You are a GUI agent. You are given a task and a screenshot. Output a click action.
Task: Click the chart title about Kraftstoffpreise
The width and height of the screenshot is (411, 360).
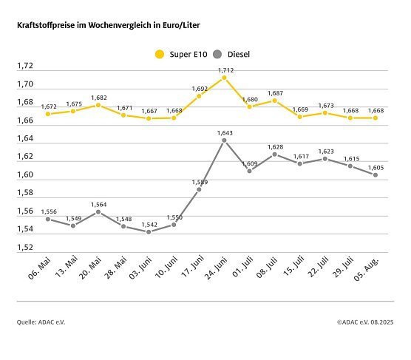pyautogui.click(x=108, y=25)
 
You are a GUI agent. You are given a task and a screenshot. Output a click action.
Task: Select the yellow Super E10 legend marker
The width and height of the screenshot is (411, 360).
pyautogui.click(x=159, y=54)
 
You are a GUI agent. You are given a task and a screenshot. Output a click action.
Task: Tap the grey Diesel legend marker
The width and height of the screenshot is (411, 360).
pyautogui.click(x=217, y=54)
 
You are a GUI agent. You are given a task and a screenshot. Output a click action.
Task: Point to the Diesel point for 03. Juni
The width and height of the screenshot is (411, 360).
pyautogui.click(x=149, y=231)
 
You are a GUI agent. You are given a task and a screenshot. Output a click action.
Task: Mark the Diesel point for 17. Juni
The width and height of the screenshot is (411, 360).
pyautogui.click(x=199, y=189)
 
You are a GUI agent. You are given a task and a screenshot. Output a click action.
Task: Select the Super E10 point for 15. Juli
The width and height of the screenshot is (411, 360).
pyautogui.click(x=299, y=117)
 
